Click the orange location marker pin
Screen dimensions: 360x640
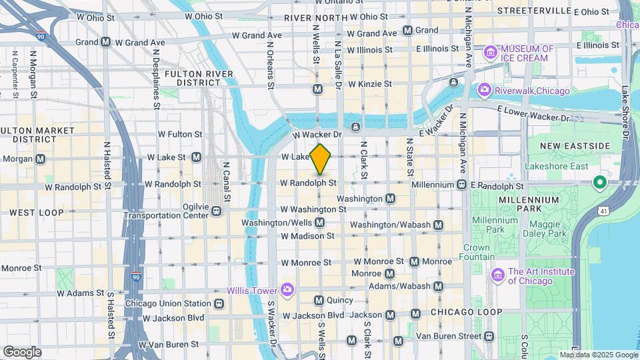[321, 159]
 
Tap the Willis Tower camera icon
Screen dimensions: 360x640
[287, 289]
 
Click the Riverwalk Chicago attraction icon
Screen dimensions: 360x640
[484, 90]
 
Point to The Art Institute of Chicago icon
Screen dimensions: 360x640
[497, 275]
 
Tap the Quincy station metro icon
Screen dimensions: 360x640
[319, 300]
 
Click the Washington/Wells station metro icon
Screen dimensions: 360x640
[319, 222]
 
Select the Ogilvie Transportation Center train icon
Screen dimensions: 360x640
[217, 211]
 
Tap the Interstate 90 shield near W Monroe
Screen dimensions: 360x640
[136, 276]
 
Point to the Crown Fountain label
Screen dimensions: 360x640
[477, 252]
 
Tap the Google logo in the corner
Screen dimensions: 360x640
[22, 351]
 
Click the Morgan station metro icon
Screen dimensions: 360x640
[41, 159]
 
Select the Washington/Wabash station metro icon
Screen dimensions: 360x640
[438, 225]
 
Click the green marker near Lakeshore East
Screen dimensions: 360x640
[599, 181]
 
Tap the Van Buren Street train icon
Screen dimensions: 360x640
[489, 336]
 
